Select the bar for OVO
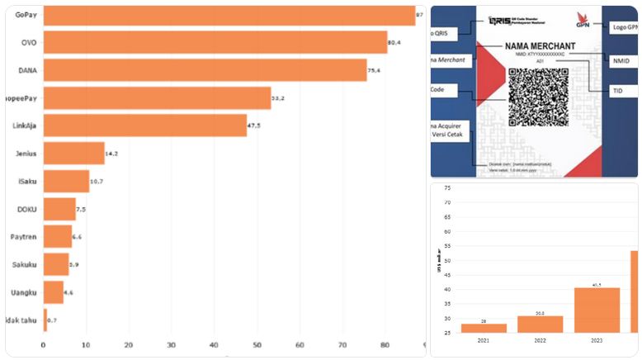tap(215, 42)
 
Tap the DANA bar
tap(205, 70)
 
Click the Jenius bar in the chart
tap(73, 154)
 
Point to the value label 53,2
tap(277, 98)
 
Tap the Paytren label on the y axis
tap(22, 236)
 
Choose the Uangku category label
tap(23, 292)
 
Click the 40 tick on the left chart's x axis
tap(213, 345)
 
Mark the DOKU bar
tap(59, 209)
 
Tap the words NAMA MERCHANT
tap(540, 45)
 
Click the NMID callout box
tap(621, 61)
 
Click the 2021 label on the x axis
tap(483, 339)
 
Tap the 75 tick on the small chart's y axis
tap(447, 189)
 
